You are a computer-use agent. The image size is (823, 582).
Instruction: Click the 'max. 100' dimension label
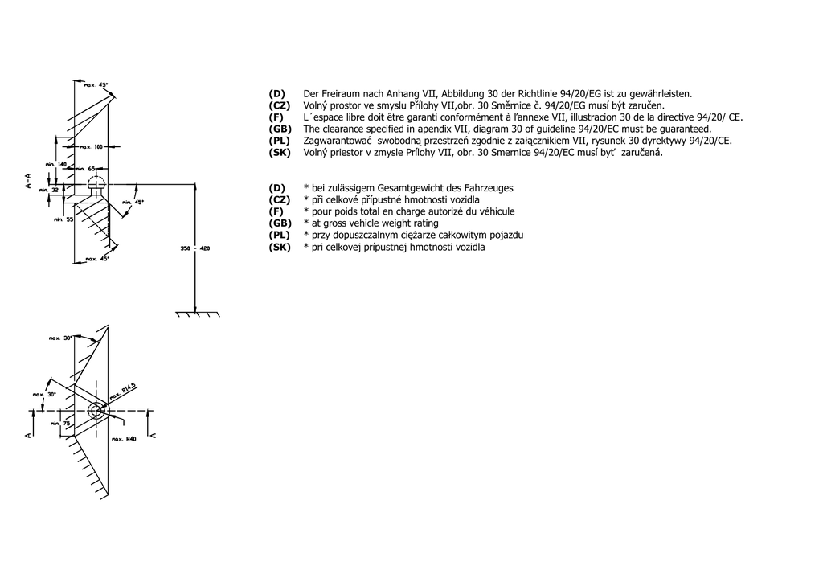pos(94,147)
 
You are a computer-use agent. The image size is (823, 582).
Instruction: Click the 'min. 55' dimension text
pos(63,219)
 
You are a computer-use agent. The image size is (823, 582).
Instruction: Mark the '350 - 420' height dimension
pos(194,248)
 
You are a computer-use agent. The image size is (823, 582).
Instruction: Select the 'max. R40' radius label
pos(125,440)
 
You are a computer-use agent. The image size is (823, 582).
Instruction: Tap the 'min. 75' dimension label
pos(60,423)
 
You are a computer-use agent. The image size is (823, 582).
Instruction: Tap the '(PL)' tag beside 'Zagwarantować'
pos(280,141)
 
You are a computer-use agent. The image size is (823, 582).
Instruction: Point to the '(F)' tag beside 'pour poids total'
pos(276,211)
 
